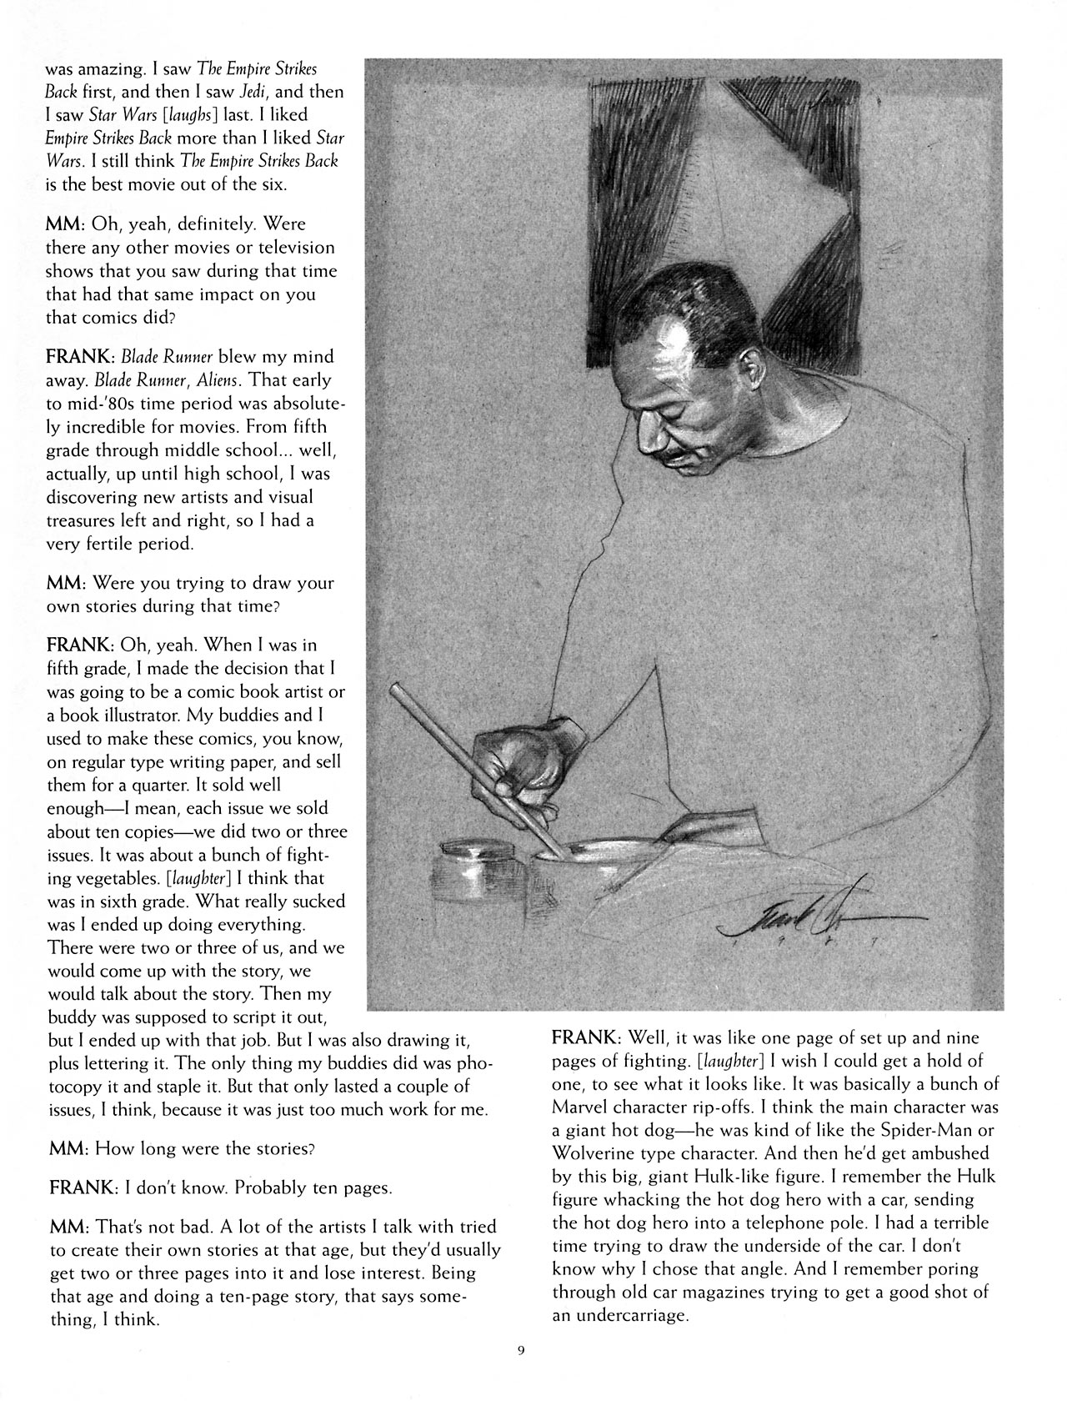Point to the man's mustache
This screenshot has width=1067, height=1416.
tap(676, 454)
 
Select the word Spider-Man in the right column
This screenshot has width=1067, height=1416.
tap(914, 1131)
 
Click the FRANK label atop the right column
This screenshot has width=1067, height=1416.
tap(587, 1038)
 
